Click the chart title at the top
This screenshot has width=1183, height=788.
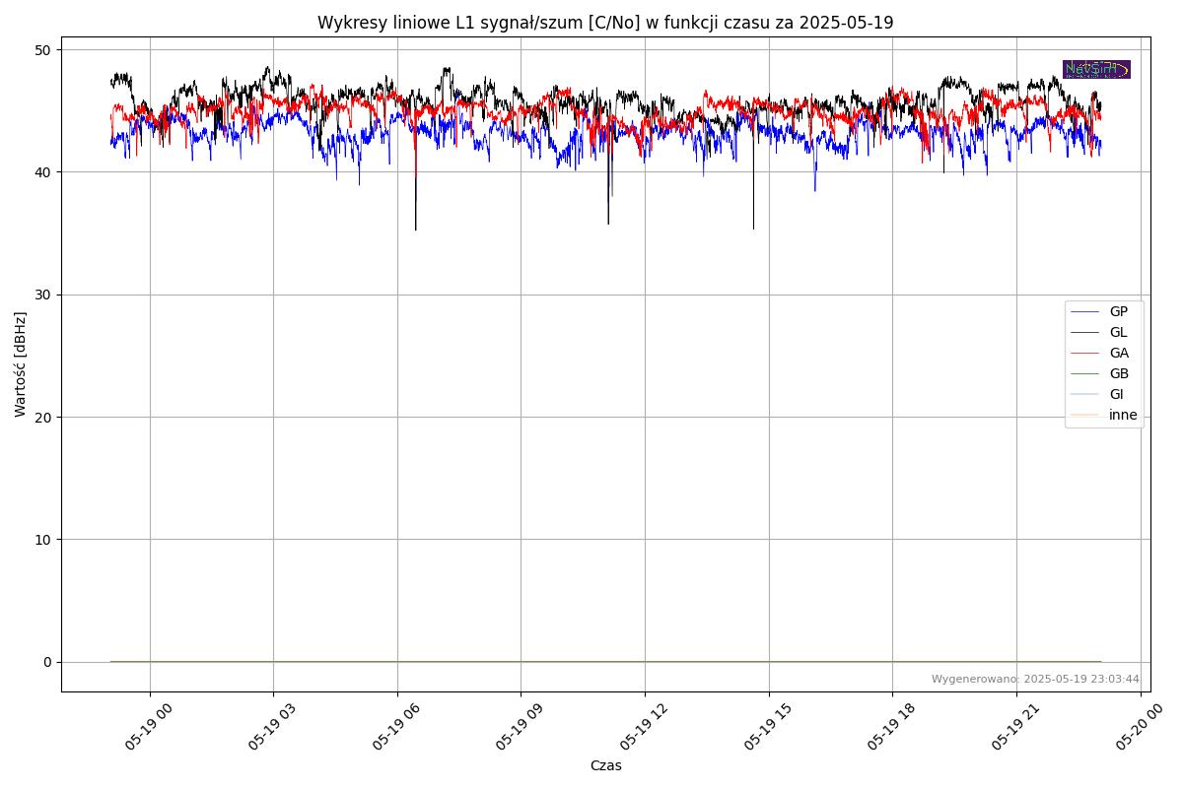[605, 23]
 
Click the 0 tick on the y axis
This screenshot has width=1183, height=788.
[46, 662]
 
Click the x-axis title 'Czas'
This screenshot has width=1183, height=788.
[605, 765]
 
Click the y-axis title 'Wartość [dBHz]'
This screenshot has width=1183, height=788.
[21, 364]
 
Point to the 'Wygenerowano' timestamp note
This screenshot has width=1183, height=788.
[1035, 679]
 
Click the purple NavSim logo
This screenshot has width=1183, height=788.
[1096, 69]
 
